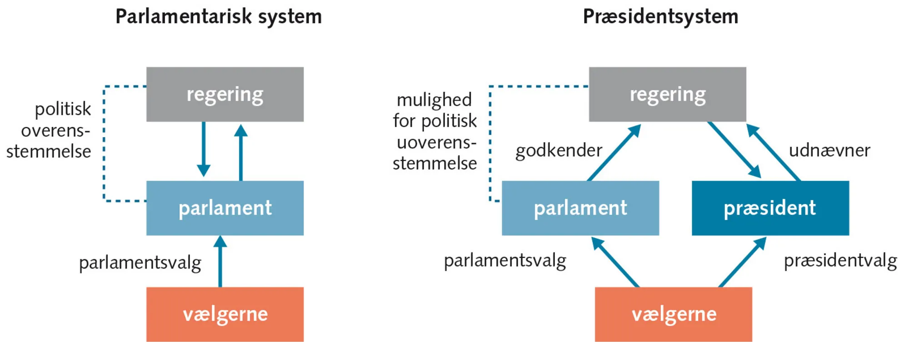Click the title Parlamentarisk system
(219, 17)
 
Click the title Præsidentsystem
(660, 17)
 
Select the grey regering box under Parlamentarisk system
(225, 94)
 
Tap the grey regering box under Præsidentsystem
(667, 94)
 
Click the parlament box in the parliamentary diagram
(225, 208)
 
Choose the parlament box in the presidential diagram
(580, 208)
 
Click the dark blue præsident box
(770, 208)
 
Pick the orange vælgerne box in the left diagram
(225, 314)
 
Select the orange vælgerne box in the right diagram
(673, 314)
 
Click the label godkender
(559, 150)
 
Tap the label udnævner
(829, 150)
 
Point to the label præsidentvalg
(840, 261)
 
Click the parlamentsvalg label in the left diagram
(140, 263)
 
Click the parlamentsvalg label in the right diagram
(504, 261)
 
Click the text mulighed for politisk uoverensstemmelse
(435, 131)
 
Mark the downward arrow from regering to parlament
(203, 150)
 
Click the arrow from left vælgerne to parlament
(220, 261)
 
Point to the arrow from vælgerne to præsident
(742, 262)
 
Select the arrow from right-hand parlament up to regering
(614, 153)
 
